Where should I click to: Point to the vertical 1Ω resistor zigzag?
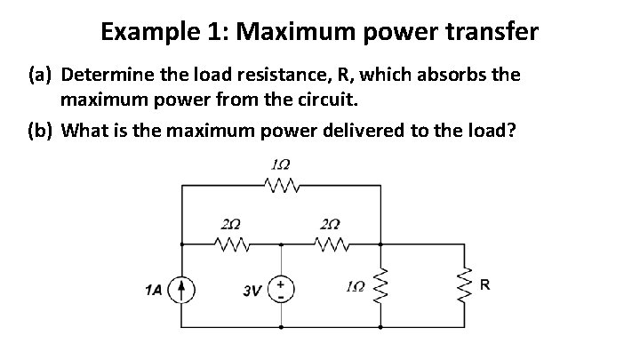coord(382,286)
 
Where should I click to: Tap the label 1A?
coord(154,288)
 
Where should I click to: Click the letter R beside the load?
coord(485,285)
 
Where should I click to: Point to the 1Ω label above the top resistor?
coord(282,165)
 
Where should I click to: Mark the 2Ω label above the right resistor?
coord(331,223)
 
